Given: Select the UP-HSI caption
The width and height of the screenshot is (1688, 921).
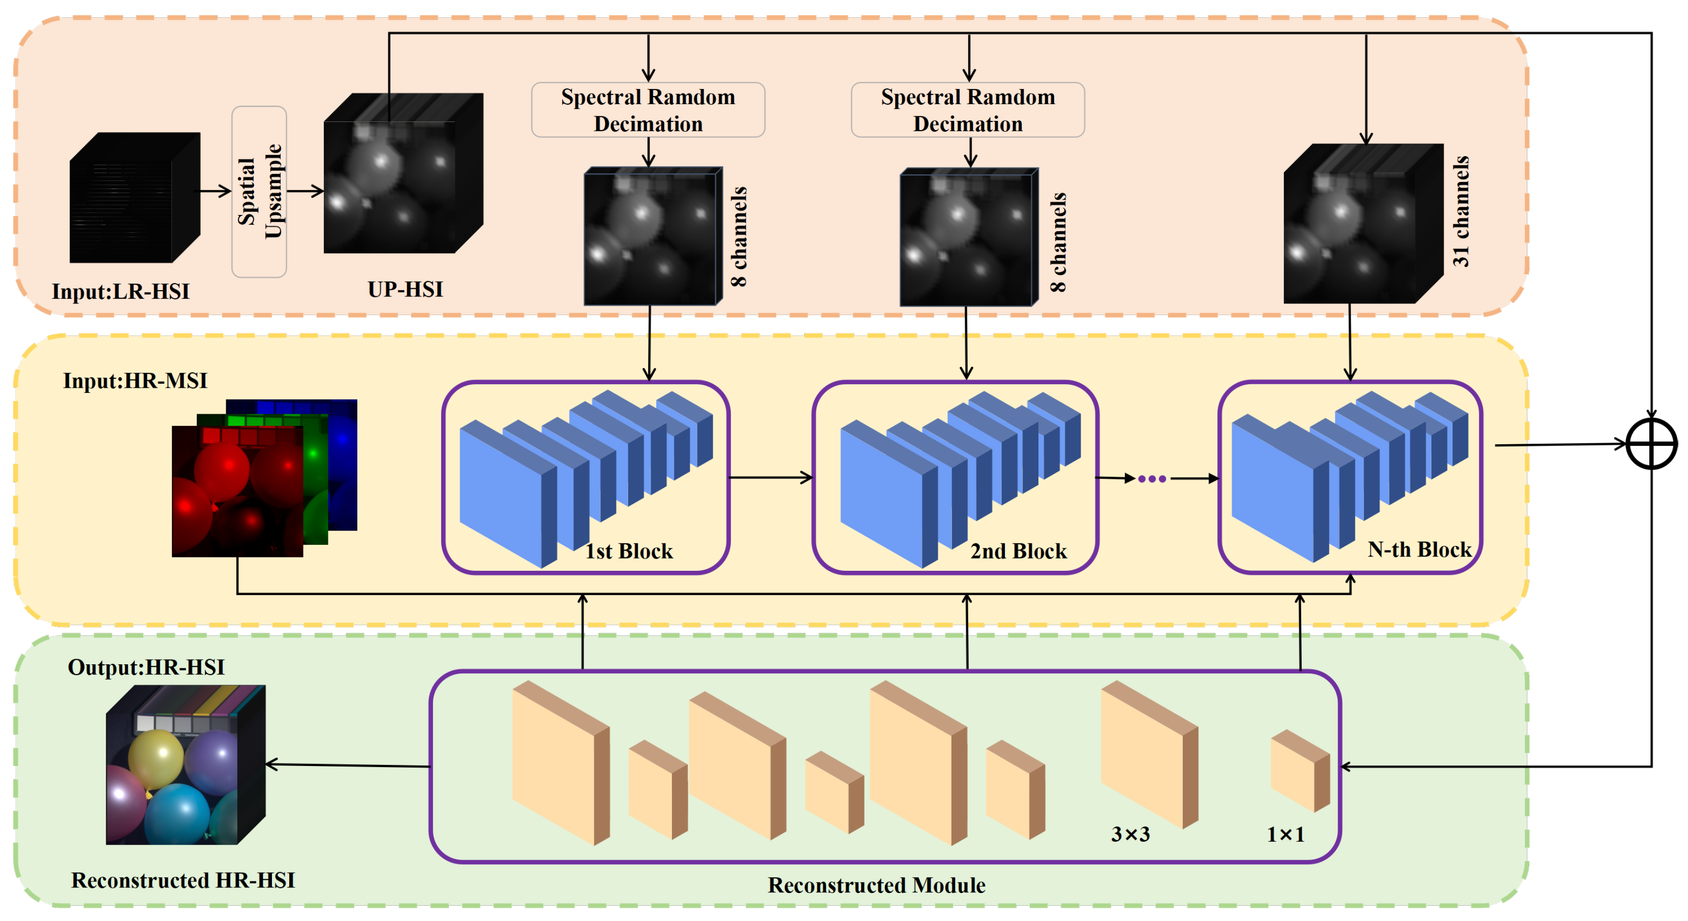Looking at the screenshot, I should (x=405, y=289).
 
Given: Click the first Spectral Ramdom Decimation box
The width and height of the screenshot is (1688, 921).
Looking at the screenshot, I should (x=648, y=110).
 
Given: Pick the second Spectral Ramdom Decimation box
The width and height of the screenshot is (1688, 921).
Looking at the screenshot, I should (x=967, y=110).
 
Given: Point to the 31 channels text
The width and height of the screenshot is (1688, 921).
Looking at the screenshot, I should (x=1461, y=211).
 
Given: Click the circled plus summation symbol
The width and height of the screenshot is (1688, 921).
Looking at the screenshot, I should (x=1651, y=444).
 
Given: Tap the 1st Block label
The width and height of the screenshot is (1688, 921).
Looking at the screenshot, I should (x=628, y=551).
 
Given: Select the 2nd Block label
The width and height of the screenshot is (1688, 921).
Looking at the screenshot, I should (x=1018, y=551).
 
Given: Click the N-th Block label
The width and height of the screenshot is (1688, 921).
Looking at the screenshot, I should (x=1419, y=549).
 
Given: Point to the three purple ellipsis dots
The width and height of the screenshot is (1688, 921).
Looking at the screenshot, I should (x=1151, y=479).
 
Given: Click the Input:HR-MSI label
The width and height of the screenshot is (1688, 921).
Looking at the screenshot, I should (x=135, y=381).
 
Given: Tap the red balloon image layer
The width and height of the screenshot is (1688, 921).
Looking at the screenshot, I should (x=237, y=492).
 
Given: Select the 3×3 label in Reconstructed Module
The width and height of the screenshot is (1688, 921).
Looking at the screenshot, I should (x=1130, y=834).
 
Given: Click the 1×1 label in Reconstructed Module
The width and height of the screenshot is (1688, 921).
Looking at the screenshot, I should (x=1285, y=834).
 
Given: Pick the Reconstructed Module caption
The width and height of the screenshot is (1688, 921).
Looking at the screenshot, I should (x=876, y=885).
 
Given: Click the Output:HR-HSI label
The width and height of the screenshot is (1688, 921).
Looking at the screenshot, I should (x=146, y=667).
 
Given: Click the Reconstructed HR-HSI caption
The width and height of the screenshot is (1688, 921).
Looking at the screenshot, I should (x=183, y=880).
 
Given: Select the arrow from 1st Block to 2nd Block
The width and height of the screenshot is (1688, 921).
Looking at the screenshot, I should (x=771, y=478).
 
